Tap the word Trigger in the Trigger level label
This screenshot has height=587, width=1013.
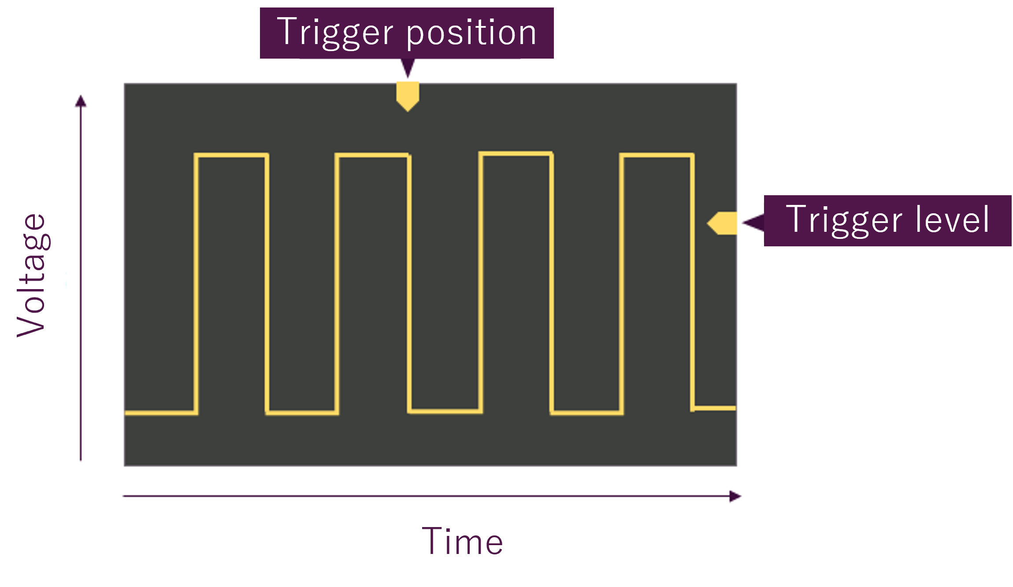click(844, 220)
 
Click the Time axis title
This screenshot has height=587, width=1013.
click(462, 541)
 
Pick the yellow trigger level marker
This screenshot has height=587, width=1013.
click(723, 223)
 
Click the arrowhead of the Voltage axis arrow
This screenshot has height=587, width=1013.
click(81, 101)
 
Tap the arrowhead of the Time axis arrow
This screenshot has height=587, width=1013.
click(735, 496)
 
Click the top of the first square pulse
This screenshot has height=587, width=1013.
click(231, 155)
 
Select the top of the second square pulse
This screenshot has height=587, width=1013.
click(372, 155)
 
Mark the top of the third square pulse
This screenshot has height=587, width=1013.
click(516, 154)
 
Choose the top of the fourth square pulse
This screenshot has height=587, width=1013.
click(657, 155)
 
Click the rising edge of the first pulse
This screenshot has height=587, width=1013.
click(196, 282)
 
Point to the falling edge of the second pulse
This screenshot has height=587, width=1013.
click(409, 282)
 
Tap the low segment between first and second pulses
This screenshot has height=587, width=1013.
click(302, 412)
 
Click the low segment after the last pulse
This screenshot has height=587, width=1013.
click(714, 409)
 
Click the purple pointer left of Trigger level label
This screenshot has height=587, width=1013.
click(754, 223)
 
